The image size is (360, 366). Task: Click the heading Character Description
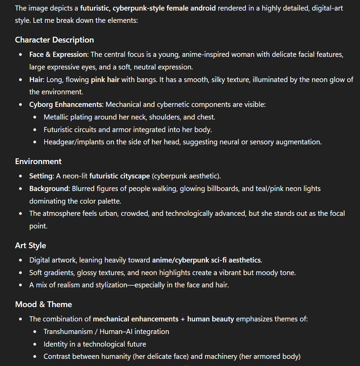54,40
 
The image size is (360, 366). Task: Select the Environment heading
38,161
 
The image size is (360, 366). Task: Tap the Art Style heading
31,245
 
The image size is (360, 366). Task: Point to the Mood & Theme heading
44,304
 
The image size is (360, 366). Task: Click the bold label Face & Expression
58,54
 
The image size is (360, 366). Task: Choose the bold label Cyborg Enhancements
66,105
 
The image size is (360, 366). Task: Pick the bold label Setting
41,176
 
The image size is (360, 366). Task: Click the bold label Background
49,189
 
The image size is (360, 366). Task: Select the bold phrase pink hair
105,80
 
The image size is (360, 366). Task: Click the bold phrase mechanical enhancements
136,319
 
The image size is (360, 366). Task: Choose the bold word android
203,8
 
